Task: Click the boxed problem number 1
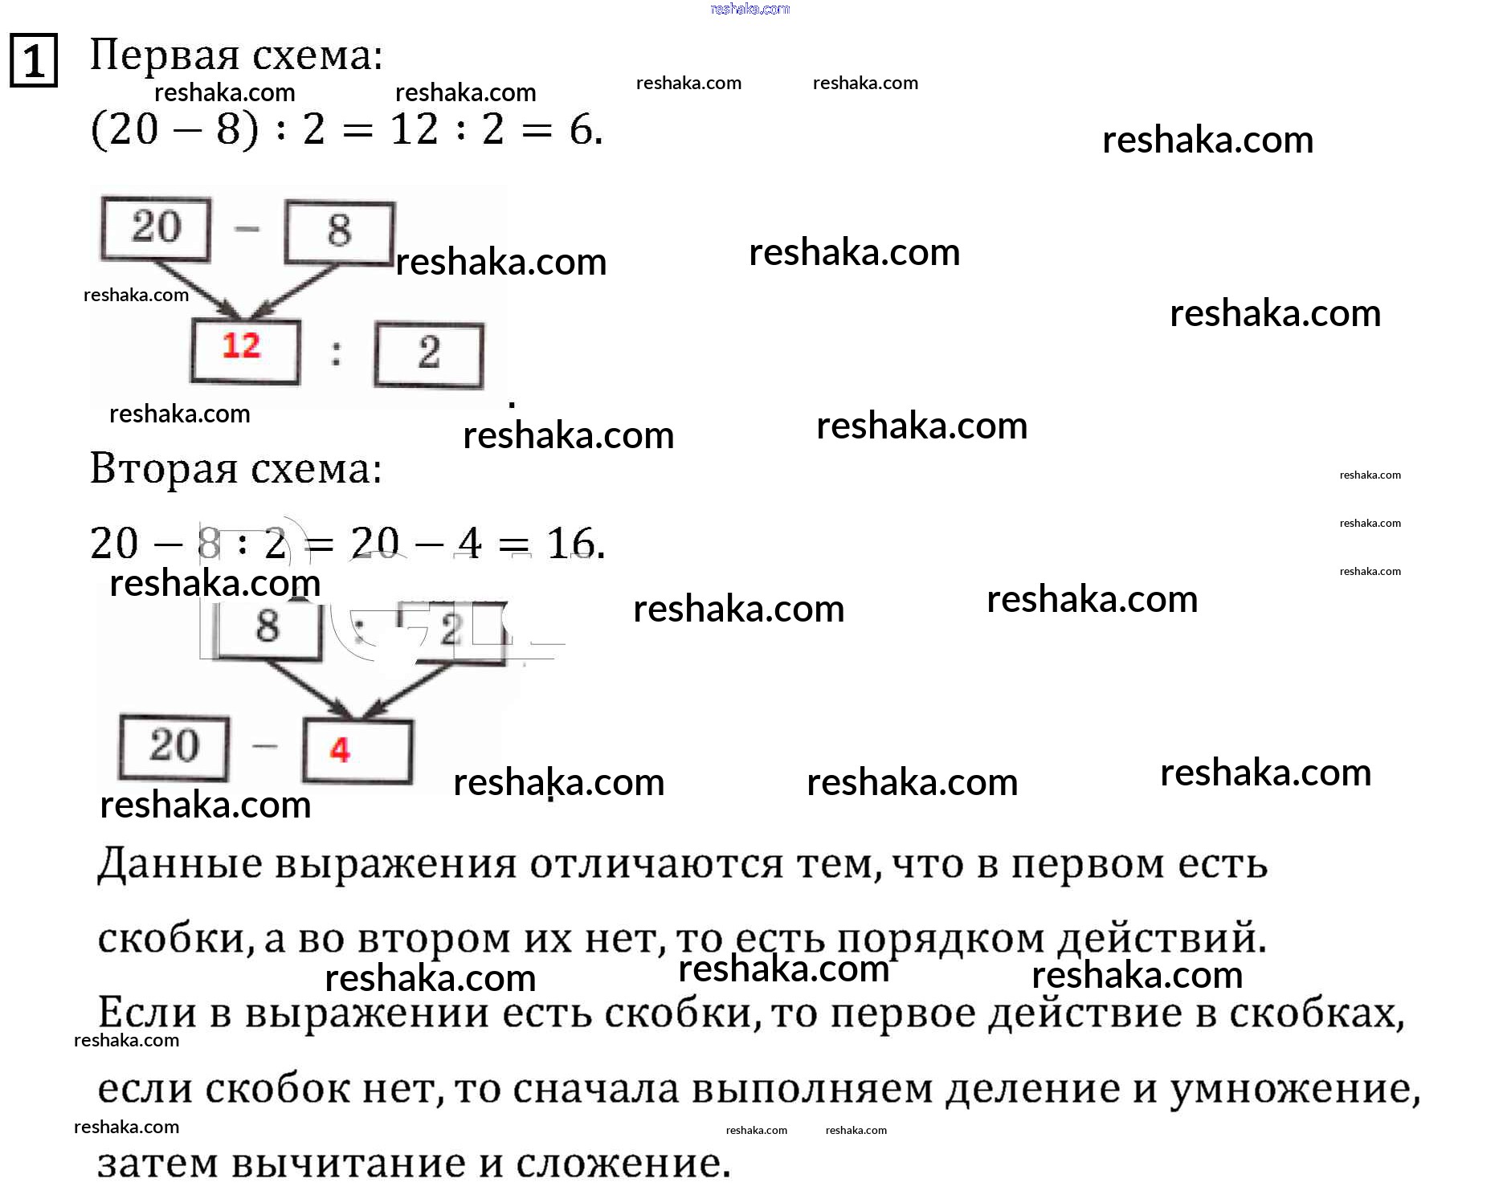coord(33,60)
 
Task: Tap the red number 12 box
coord(244,351)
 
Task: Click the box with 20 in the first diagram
coord(156,228)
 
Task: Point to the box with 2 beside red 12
coord(429,354)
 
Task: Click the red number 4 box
coord(357,751)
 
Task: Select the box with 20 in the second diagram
coord(174,747)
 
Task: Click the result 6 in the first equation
coord(581,129)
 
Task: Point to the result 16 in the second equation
coord(570,544)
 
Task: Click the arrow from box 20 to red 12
coord(197,289)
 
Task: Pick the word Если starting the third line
coord(147,1013)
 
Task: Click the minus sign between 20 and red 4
coord(264,746)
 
